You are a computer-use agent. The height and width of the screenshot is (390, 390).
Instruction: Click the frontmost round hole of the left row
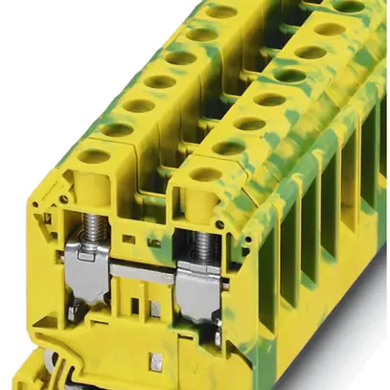coord(94,154)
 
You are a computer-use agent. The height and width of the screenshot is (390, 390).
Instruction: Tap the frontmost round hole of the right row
coord(205,174)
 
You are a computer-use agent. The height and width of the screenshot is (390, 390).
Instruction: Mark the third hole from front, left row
coord(138,105)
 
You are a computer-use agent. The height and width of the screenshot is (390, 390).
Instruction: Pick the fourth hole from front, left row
coord(159,82)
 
